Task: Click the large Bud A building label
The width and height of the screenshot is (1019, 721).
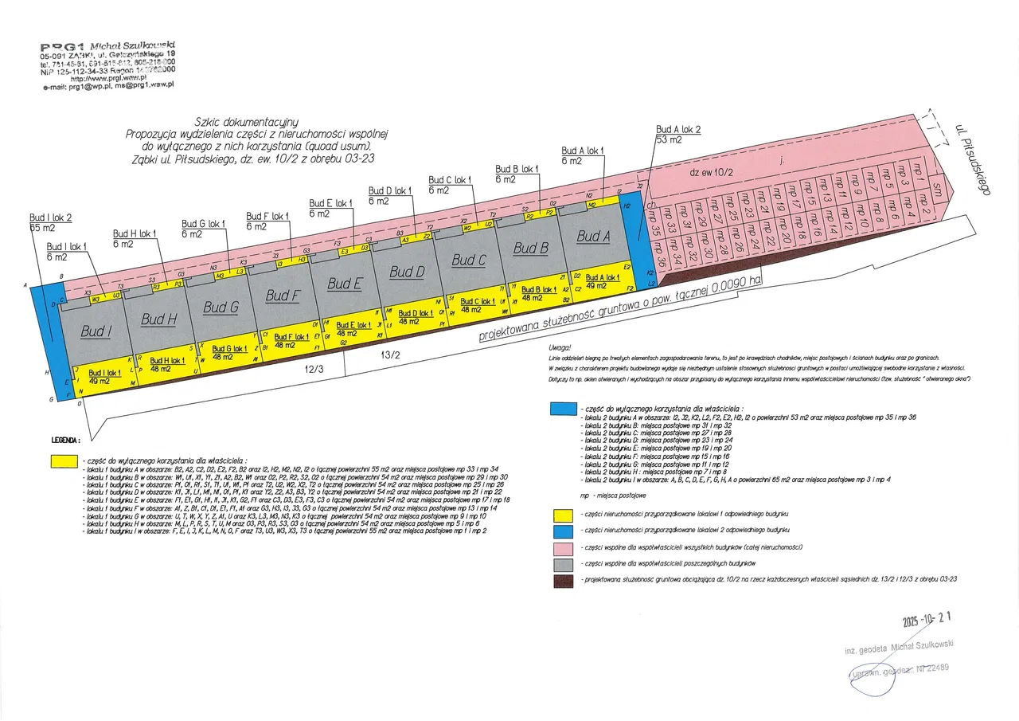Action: (593, 236)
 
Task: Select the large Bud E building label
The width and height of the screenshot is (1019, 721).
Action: (345, 284)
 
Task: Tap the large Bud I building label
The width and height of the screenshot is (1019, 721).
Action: (95, 331)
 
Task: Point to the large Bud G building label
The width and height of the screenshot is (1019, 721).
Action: (221, 308)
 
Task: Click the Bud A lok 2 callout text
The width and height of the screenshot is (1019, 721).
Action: (678, 129)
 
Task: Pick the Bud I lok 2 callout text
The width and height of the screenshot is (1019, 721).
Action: (51, 217)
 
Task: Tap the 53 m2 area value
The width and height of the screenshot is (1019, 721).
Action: (669, 140)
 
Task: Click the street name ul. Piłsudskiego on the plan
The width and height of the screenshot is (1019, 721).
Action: (970, 160)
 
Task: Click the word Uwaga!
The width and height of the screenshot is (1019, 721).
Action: (560, 348)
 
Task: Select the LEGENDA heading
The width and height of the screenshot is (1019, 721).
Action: (65, 440)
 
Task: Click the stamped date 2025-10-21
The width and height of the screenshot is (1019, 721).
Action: (927, 618)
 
